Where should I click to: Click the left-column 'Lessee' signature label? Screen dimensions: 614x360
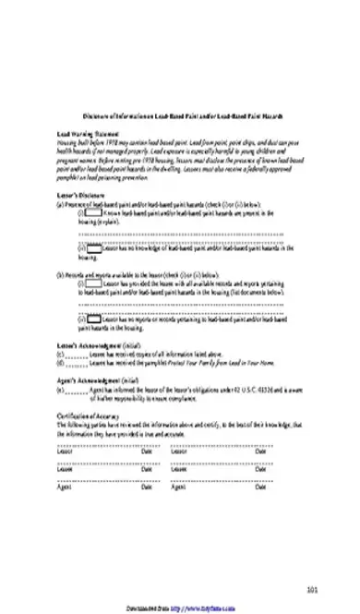(x=66, y=470)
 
